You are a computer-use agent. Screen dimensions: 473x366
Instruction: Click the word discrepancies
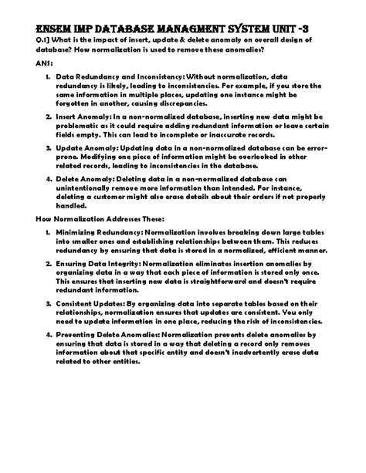tap(193, 102)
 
